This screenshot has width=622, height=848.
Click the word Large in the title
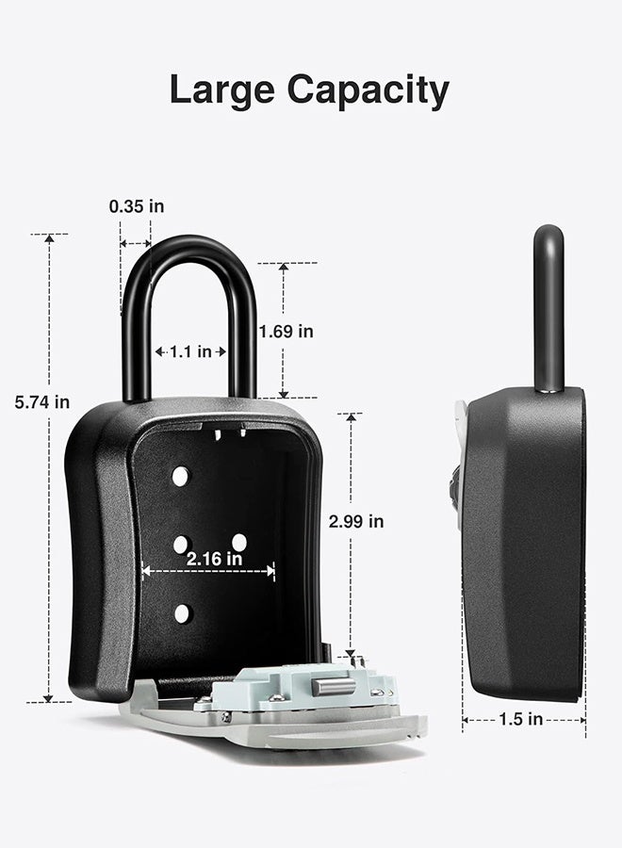[x=222, y=90]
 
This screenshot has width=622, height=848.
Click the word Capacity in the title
[x=368, y=90]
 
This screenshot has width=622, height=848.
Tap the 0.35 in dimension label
[x=137, y=206]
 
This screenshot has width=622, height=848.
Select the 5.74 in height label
[x=42, y=402]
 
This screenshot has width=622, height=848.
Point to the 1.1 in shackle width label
[x=190, y=352]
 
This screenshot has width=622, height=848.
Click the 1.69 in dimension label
[x=286, y=332]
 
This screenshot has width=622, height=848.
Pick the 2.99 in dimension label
[x=356, y=521]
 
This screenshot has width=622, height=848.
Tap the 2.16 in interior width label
[x=214, y=559]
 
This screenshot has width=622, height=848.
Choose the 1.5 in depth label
[x=520, y=719]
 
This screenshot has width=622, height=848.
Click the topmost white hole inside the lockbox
[x=180, y=477]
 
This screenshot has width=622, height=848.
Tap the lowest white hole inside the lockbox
[x=182, y=613]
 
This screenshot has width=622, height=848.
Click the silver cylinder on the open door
[x=334, y=686]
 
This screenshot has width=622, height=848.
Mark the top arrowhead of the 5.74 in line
[x=49, y=238]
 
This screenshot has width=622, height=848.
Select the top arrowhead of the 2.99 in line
[x=351, y=418]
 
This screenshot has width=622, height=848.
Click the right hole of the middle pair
[x=239, y=543]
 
